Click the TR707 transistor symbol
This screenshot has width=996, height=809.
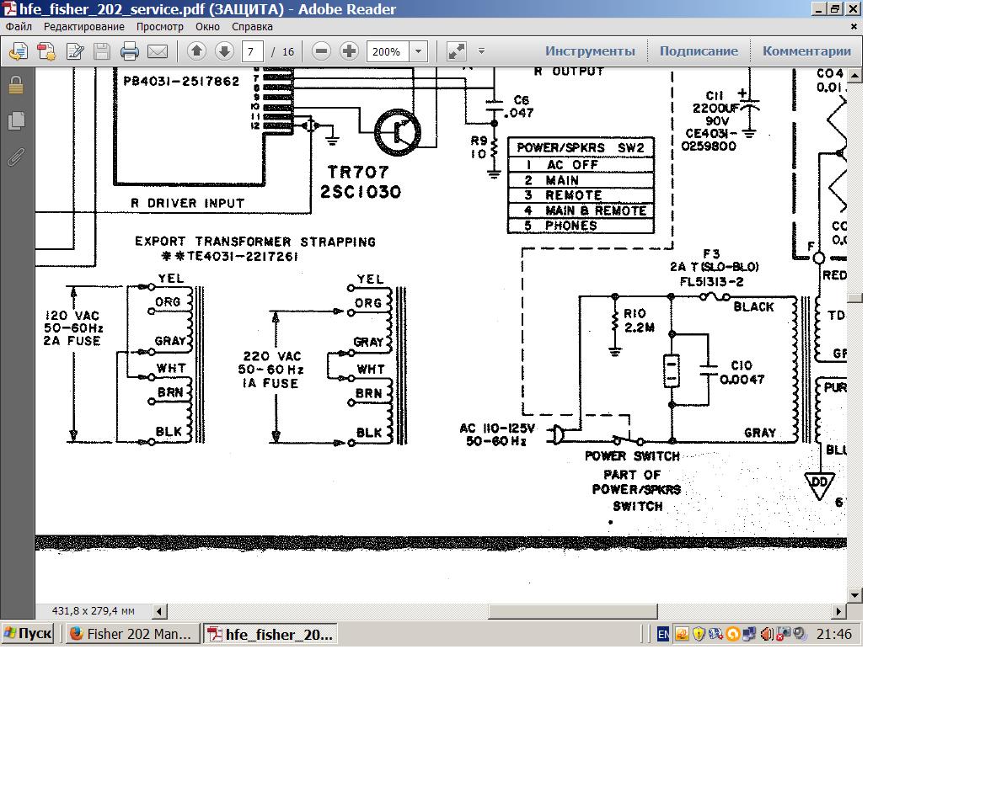[397, 132]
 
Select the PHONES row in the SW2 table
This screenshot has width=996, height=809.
[581, 226]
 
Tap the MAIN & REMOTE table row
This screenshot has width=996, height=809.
[581, 210]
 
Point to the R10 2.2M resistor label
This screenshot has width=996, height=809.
[638, 321]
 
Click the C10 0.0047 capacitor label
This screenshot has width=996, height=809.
[742, 372]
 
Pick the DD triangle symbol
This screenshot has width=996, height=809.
[818, 484]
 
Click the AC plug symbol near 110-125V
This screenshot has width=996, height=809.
[557, 434]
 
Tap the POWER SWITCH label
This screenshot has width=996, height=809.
[632, 456]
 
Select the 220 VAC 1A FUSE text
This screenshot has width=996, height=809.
[269, 370]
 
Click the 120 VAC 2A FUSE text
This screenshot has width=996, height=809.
[72, 328]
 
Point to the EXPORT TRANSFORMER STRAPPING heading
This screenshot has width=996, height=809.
[254, 242]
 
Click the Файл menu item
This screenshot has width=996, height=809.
[19, 27]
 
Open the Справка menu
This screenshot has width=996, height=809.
[253, 27]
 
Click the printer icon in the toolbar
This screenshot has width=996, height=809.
[129, 51]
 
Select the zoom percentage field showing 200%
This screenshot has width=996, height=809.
[387, 51]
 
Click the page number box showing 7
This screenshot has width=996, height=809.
[252, 51]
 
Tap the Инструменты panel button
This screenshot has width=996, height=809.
[590, 51]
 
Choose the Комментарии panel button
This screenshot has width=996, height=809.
[806, 51]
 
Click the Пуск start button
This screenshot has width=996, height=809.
[27, 634]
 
